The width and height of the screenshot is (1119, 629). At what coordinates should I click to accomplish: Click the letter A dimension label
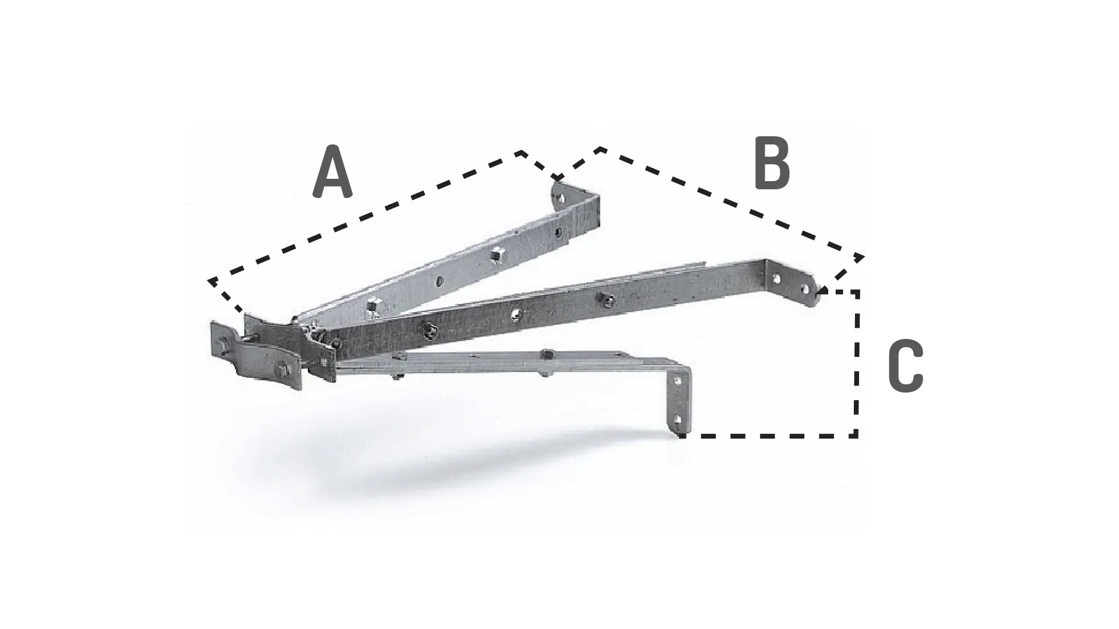pos(332,172)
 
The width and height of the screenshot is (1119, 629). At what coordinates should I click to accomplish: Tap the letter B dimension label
pos(772,164)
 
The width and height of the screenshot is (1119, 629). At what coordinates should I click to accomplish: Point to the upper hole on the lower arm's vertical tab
pos(678,382)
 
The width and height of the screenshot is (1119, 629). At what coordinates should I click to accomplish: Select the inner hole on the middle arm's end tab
pos(777,279)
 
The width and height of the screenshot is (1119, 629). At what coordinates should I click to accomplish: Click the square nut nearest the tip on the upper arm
pos(496,253)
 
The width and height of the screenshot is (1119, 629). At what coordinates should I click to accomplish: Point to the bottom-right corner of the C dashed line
pos(857,435)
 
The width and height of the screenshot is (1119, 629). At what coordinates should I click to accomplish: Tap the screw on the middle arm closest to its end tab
pos(606,301)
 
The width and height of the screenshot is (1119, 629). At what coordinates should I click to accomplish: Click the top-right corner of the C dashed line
pos(857,291)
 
